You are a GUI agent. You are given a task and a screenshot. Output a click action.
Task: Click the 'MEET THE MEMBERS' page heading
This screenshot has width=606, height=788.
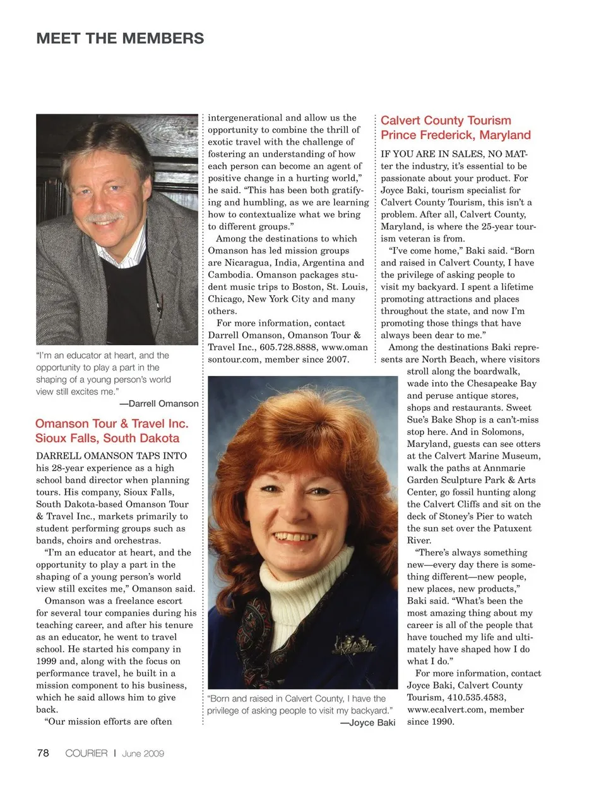pos(120,39)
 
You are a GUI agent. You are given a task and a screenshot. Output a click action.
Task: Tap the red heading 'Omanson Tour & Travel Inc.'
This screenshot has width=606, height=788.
pos(112,423)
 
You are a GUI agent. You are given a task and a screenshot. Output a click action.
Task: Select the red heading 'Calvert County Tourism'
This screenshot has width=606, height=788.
pos(446,120)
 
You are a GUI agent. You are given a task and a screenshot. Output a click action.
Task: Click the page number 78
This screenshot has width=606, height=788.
pos(43,753)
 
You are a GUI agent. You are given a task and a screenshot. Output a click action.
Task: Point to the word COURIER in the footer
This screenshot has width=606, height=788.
pos(86,753)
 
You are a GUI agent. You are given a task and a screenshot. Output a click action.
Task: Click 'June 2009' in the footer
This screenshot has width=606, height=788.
pos(143,753)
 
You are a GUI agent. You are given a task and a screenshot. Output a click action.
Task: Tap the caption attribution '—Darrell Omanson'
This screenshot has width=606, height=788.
pos(159,403)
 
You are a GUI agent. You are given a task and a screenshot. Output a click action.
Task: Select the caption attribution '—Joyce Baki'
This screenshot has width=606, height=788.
pos(368,722)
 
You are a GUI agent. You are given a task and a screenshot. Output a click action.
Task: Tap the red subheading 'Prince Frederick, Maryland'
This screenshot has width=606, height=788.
pos(455,135)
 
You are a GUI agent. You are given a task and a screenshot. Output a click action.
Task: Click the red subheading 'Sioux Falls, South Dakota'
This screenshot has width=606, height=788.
pos(107,438)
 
